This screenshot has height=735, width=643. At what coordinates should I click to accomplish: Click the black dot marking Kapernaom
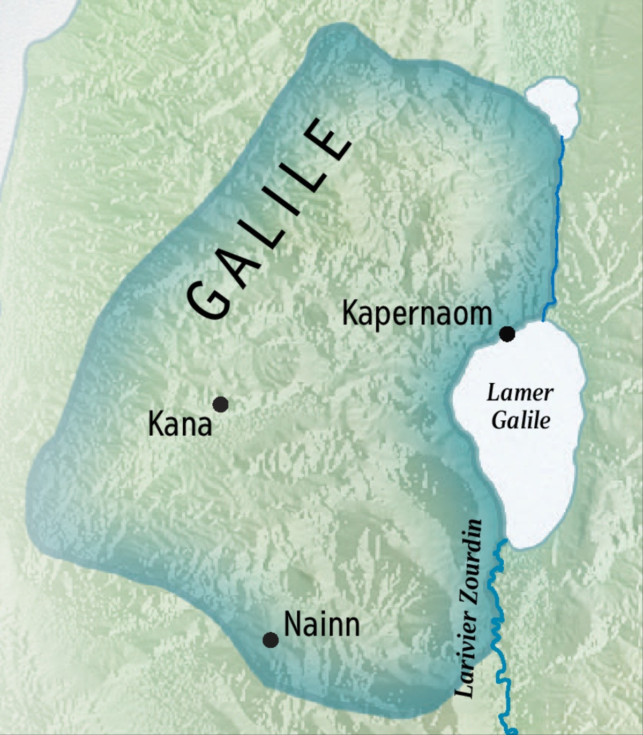[x=507, y=334]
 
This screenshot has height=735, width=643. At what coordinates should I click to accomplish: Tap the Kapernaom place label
[x=417, y=314]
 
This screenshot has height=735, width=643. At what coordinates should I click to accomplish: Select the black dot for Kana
[x=220, y=404]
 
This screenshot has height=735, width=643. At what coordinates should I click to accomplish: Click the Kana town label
[x=180, y=425]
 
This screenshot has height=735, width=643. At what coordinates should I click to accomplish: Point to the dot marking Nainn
[x=271, y=640]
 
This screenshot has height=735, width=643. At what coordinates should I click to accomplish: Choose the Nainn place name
[x=322, y=625]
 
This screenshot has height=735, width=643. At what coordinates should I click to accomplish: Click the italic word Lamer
[x=520, y=393]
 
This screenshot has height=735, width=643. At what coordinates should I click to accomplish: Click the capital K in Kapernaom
[x=349, y=314]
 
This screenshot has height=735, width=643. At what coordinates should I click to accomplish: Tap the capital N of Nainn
[x=291, y=625]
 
